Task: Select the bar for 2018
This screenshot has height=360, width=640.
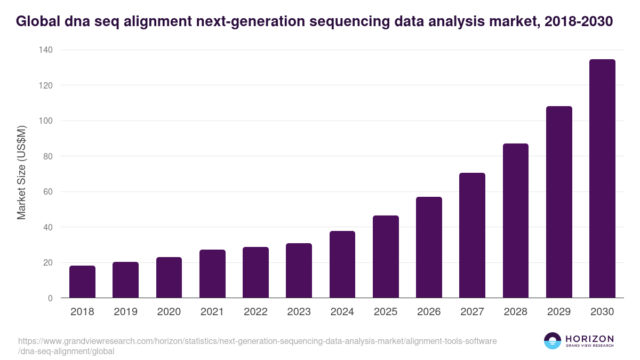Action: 82,282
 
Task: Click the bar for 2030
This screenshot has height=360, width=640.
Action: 602,179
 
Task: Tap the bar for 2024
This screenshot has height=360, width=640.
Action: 342,265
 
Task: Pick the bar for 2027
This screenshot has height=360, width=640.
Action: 472,235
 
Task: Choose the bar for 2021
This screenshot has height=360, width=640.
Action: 212,274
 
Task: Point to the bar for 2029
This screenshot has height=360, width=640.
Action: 559,202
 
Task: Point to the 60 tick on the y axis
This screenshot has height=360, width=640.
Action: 47,192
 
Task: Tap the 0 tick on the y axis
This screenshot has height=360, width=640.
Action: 50,298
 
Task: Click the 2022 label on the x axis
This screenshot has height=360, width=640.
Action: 255,312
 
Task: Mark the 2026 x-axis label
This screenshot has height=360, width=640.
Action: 429,312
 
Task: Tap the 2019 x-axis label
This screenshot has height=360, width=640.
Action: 125,312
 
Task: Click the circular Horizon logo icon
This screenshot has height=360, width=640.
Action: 552,341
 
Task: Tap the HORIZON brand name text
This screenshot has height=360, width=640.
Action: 589,338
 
